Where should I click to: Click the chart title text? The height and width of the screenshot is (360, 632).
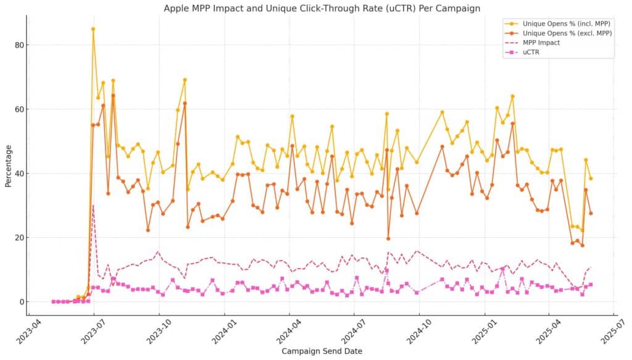(x=322, y=8)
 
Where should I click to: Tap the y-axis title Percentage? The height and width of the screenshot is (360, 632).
(x=9, y=166)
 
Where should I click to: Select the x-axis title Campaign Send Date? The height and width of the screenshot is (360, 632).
(x=322, y=351)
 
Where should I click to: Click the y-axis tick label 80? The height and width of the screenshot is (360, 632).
(x=20, y=45)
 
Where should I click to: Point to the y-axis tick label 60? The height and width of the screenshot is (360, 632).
(x=20, y=109)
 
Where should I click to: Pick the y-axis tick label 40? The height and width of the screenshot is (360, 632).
(x=20, y=174)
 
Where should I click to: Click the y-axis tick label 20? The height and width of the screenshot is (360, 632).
(x=20, y=238)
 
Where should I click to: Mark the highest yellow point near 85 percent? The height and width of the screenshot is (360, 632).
(x=93, y=29)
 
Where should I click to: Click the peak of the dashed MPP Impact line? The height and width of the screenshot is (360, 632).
(x=93, y=205)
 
